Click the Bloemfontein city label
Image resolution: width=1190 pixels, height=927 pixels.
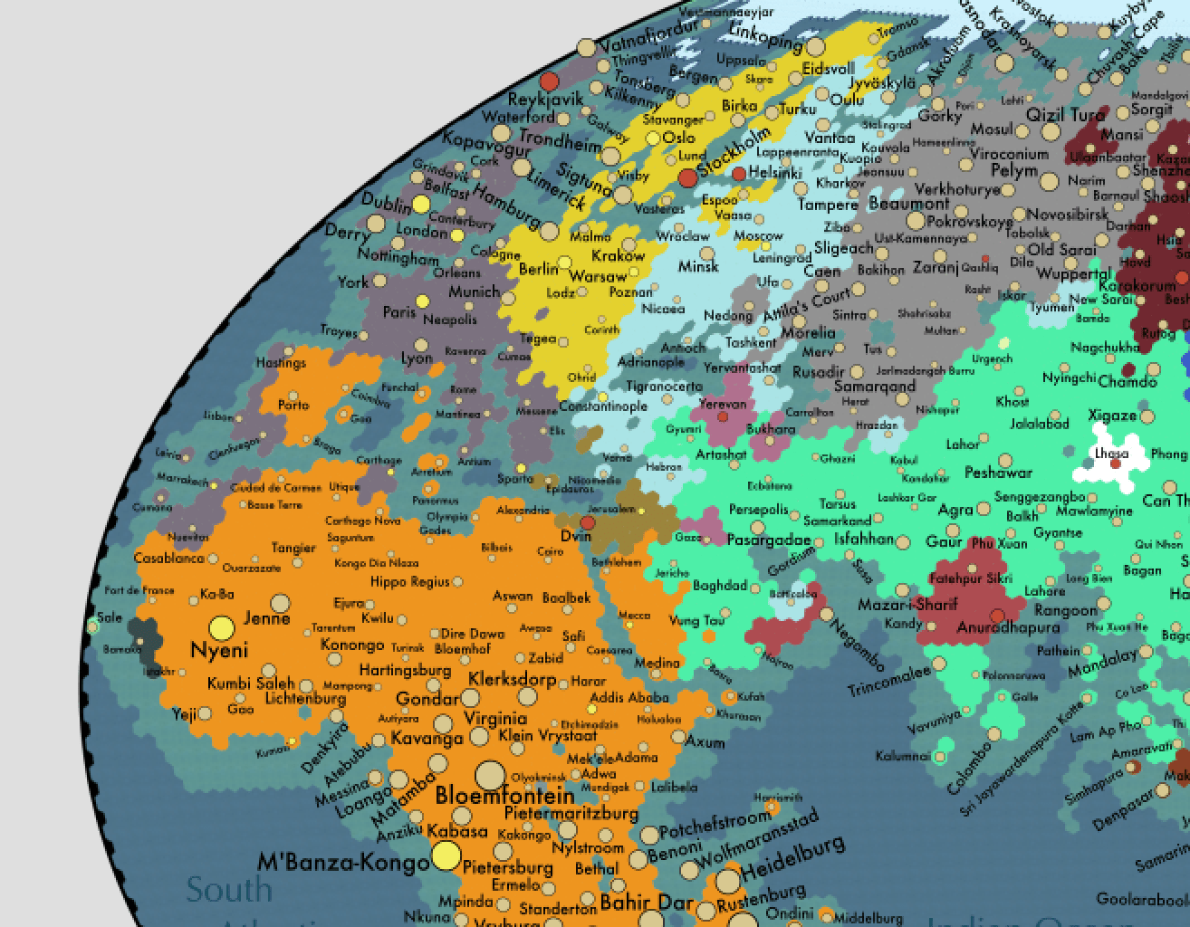pos(504,797)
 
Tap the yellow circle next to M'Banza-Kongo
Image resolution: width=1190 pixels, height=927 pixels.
pos(446,855)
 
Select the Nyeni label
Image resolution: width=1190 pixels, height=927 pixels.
pos(219,650)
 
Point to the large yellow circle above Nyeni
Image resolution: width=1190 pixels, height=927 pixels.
pos(222,627)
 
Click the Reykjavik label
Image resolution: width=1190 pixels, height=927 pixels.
pos(545,100)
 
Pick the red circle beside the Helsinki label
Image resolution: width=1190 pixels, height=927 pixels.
pos(739,173)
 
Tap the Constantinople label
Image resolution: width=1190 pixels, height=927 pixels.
pos(602,406)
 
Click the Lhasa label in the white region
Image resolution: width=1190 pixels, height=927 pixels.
pos(1111,453)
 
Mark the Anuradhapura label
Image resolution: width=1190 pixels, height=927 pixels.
pos(1008,627)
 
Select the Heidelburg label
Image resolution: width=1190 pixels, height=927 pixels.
pos(793,860)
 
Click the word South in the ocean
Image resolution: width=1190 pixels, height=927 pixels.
pos(228,890)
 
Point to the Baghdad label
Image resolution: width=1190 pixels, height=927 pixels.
pos(720,586)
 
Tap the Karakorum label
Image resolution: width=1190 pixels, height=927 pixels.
pos(1137,286)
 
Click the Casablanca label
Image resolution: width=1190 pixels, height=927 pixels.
pos(168,559)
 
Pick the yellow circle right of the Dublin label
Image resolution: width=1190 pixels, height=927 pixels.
pos(421,205)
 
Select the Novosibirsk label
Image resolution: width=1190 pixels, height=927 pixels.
pos(1068,215)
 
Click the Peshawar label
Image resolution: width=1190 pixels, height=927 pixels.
pos(998,473)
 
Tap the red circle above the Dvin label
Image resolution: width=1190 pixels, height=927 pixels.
pos(588,522)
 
